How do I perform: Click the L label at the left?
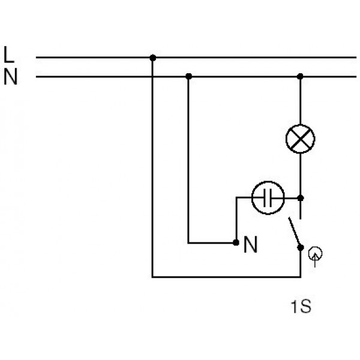point(9,55)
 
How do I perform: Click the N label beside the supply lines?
point(11,76)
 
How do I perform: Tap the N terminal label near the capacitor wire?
point(250,244)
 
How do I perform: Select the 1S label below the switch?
point(301,306)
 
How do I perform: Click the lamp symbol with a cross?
point(301,139)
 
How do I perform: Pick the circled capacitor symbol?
point(268,197)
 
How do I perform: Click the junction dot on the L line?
point(152,58)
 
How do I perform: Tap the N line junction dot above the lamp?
point(300,76)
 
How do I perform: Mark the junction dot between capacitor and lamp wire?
point(301,197)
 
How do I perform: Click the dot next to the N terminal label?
point(236,242)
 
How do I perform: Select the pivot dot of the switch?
point(301,247)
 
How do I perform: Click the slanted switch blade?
point(295,232)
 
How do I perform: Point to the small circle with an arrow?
point(315,254)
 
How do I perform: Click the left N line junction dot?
point(188,76)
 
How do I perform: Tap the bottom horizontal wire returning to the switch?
point(226,277)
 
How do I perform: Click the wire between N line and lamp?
point(301,101)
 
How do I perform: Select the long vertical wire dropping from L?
point(152,167)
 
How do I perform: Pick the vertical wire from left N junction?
point(188,160)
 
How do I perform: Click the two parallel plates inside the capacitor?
point(268,197)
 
